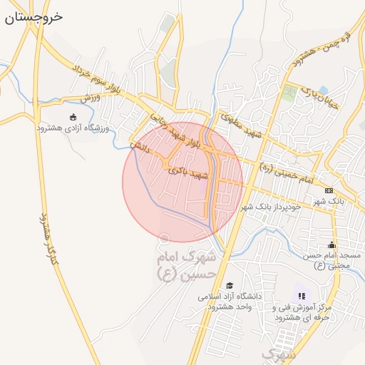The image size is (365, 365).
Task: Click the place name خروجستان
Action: click(34, 16)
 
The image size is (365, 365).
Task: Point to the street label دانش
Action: click(139, 148)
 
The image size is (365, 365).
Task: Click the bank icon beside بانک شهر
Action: click(329, 190)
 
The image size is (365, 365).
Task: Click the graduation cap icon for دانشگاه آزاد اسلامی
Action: click(229, 285)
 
